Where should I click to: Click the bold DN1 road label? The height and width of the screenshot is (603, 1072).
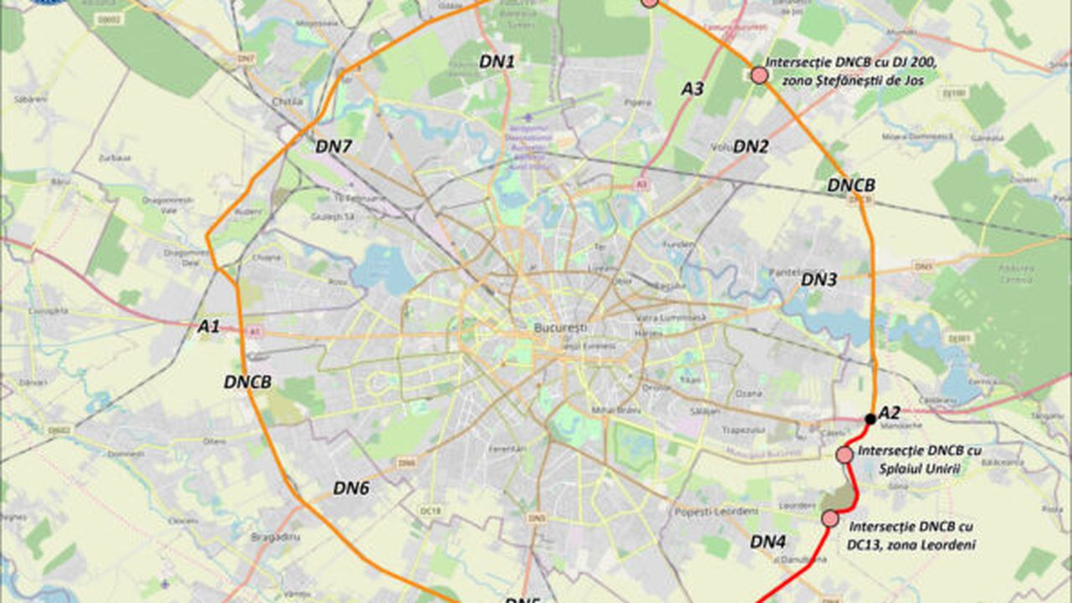pos(497,60)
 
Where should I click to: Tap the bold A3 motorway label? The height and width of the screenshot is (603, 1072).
pos(692,88)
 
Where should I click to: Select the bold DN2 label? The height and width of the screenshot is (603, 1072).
pos(750,147)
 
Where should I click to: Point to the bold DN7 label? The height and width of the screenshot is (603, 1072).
pos(333,146)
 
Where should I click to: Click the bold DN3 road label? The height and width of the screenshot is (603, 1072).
pos(819,280)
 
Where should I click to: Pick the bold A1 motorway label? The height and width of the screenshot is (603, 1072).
pos(209,327)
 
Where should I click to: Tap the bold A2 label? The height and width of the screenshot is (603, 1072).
pos(889,412)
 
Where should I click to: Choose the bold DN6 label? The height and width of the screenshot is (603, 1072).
pos(351,487)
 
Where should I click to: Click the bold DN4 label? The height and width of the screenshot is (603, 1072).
pos(767,541)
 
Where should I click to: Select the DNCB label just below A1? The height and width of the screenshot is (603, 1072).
pos(248,382)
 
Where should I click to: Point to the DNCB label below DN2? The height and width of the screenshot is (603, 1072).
pos(851,185)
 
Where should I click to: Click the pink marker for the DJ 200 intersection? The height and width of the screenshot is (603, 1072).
pos(759,75)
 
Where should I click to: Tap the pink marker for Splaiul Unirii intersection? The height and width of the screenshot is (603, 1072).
pos(844,454)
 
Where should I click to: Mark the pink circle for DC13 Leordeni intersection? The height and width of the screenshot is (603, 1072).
pos(830,518)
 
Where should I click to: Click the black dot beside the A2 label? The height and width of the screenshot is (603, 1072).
pos(870,418)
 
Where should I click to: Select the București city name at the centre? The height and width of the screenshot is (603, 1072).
pos(560,327)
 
